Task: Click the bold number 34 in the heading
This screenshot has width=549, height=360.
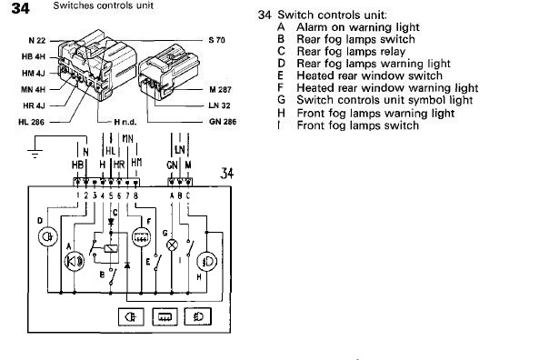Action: click(20, 8)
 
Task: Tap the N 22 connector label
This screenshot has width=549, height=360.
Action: click(37, 41)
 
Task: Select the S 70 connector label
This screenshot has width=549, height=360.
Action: click(216, 40)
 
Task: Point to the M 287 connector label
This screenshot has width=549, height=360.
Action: click(220, 90)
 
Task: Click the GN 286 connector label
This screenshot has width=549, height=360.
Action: click(223, 122)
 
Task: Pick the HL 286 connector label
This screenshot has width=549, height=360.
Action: click(32, 122)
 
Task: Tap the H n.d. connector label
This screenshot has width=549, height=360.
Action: click(125, 122)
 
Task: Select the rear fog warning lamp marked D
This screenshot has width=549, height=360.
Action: click(48, 236)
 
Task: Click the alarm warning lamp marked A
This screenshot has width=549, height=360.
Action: click(75, 261)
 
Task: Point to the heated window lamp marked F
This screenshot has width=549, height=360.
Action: click(141, 237)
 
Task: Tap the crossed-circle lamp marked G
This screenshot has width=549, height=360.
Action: click(172, 245)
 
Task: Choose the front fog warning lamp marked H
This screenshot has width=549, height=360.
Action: click(207, 262)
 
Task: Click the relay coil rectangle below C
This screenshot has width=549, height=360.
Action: click(111, 249)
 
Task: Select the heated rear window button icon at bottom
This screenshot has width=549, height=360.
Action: click(165, 317)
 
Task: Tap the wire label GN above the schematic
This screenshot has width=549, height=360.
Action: click(172, 165)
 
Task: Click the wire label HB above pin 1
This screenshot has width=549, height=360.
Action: click(77, 165)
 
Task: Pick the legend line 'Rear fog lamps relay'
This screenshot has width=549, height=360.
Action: click(351, 52)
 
